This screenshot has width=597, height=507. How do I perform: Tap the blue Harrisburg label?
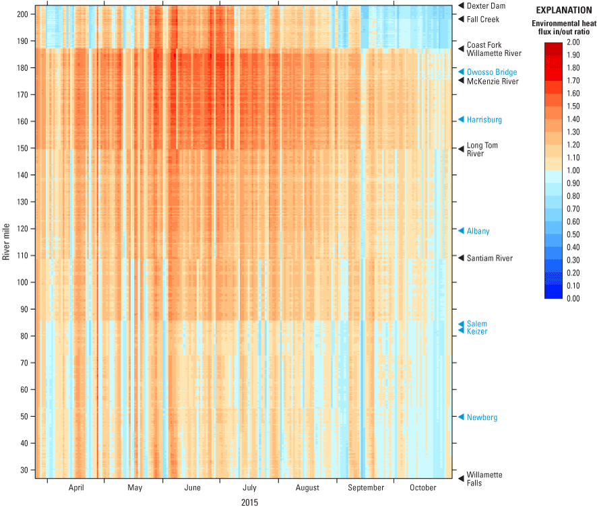coord(484,120)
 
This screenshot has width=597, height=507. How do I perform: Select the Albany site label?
coord(478,232)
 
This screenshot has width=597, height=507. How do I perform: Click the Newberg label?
coord(482,418)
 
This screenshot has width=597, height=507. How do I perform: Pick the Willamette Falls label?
coord(484,478)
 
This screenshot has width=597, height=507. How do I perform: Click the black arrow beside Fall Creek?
coord(461,20)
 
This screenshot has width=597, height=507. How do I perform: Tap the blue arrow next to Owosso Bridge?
coord(461,72)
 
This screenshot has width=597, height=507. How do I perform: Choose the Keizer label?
coord(476,332)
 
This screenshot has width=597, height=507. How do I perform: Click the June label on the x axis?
coord(192,488)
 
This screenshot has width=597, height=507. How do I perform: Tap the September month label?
coord(366,488)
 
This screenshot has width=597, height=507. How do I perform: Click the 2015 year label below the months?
coord(249,502)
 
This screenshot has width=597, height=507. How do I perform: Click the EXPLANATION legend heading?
coord(563,11)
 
